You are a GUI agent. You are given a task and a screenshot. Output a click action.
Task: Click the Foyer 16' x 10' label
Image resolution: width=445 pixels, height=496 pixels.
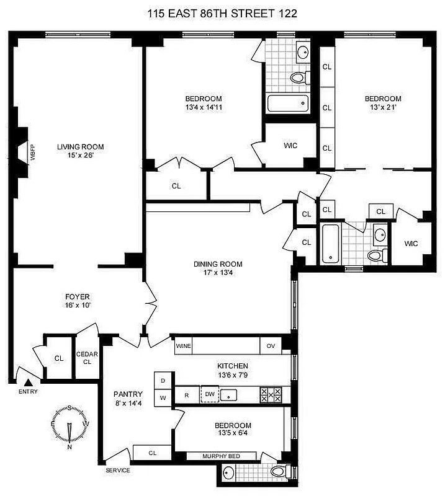pyautogui.click(x=77, y=301)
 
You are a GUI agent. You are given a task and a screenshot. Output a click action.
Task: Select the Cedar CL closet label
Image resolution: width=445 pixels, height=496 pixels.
pyautogui.click(x=87, y=358)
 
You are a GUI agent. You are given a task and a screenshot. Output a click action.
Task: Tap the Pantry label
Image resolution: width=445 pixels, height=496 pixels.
pyautogui.click(x=128, y=398)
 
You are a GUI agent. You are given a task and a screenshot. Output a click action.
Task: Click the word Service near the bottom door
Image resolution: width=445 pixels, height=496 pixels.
pyautogui.click(x=118, y=470)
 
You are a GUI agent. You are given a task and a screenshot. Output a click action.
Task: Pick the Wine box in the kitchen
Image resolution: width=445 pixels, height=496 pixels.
pyautogui.click(x=183, y=346)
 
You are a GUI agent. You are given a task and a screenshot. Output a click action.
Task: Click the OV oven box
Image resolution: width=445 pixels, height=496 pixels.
pyautogui.click(x=271, y=346)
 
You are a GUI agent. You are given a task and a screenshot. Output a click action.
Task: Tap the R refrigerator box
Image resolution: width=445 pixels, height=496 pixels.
pyautogui.click(x=187, y=394)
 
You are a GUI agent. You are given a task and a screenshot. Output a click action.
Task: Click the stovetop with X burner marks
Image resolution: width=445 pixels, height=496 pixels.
pyautogui.click(x=271, y=394)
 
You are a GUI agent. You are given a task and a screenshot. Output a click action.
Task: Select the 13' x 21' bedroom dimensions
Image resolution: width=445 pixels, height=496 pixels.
pyautogui.click(x=382, y=107)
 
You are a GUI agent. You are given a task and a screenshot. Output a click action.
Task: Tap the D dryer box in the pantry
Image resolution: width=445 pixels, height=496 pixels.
pyautogui.click(x=163, y=380)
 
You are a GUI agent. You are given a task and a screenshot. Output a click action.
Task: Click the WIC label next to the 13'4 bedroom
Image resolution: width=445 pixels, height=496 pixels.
pyautogui.click(x=290, y=146)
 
